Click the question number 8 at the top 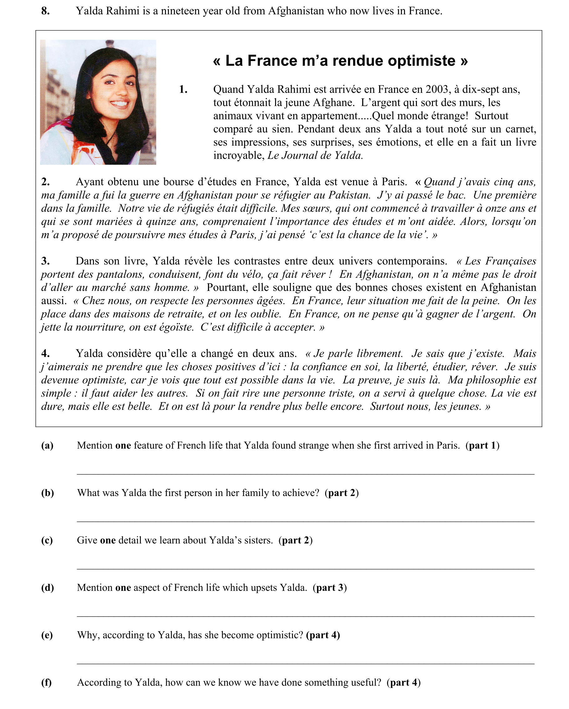coord(45,11)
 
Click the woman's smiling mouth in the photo coord(119,104)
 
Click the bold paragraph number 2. coord(45,182)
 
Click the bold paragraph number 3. coord(45,261)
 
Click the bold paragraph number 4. coord(45,354)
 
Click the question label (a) coord(47,446)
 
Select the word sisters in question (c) coord(258,540)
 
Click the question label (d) coord(47,588)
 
